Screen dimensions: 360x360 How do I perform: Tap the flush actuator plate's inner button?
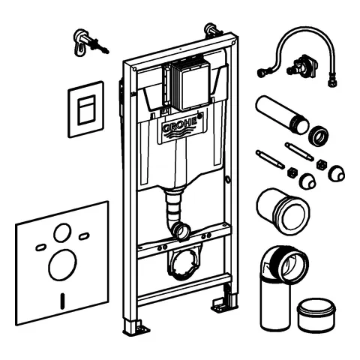pos(86,110)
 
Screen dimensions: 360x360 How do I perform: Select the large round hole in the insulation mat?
pos(62,265)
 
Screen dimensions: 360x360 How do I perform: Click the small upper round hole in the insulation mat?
pos(62,232)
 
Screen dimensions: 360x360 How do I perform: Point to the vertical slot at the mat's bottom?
pos(62,301)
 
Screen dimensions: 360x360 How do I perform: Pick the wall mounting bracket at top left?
pos(88,43)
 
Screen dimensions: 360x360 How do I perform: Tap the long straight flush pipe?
pos(282,114)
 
